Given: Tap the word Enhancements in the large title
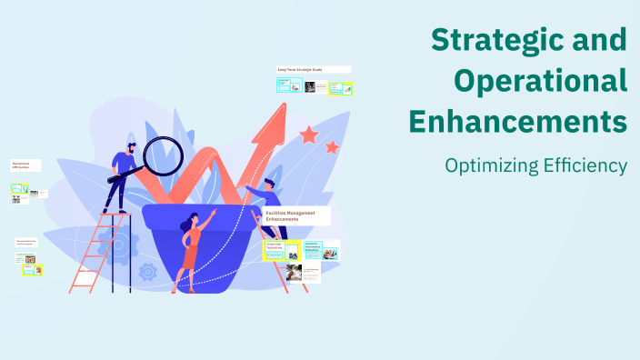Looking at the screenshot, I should pos(518,120).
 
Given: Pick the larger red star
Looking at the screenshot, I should pos(309,135).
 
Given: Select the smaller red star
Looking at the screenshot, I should pos(333,147).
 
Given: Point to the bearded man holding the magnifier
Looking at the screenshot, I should pos(124,173).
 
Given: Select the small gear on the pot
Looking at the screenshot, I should pos(148,272).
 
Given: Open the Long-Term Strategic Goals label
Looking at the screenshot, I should pos(301,70).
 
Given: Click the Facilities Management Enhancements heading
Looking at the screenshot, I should pos(291,216).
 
